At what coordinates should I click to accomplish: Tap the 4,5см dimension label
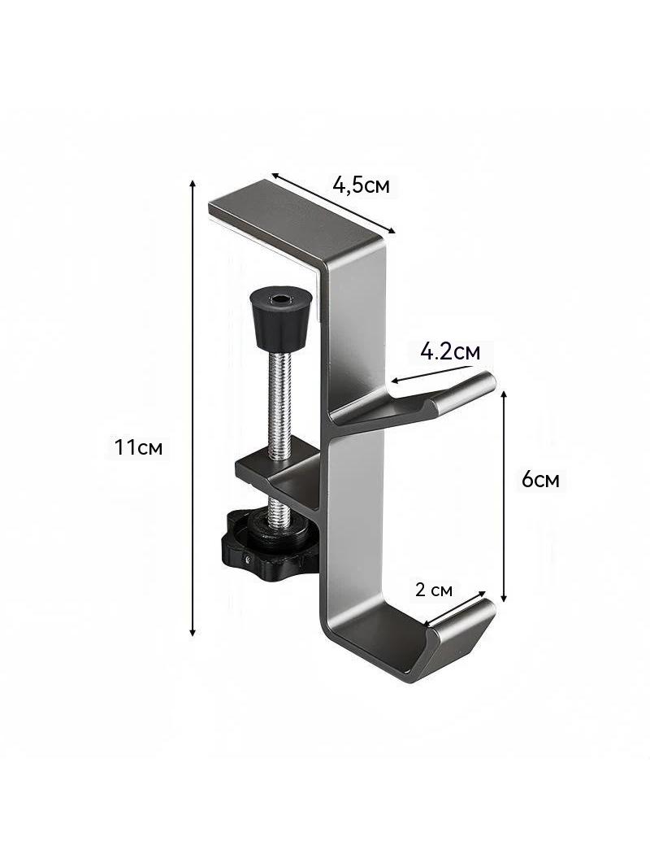coord(362,185)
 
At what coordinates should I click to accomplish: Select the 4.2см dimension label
coord(449,351)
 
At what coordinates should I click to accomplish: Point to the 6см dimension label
coord(540,479)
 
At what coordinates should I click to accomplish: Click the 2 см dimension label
coord(434,590)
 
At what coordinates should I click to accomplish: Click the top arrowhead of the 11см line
coord(193,184)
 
